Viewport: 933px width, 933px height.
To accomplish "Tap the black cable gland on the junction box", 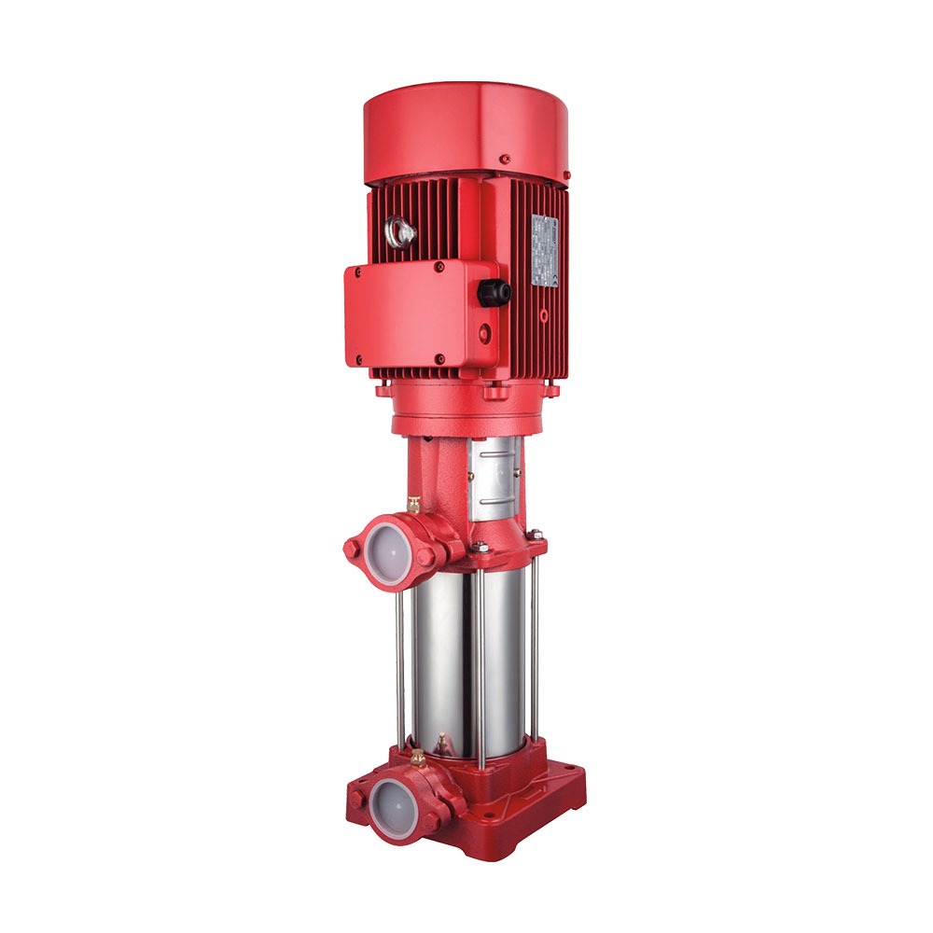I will point(494,293).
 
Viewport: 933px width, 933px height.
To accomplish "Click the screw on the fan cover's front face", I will point(503,160).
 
